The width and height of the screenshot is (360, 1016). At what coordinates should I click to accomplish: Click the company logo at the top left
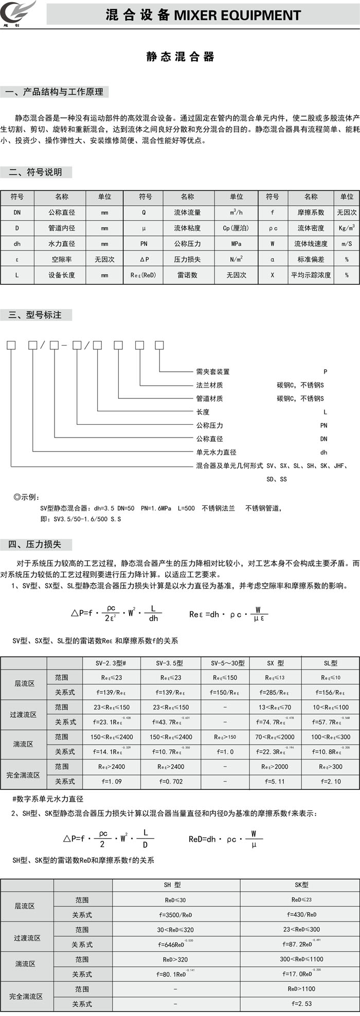pyautogui.click(x=20, y=12)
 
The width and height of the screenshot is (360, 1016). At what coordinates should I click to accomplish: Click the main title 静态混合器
pyautogui.click(x=180, y=57)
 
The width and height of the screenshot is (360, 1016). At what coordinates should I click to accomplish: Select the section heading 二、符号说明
pyautogui.click(x=35, y=172)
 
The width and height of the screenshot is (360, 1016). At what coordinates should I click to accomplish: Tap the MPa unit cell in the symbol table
pyautogui.click(x=236, y=244)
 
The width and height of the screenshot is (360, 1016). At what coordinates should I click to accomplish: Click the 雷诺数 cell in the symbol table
pyautogui.click(x=187, y=275)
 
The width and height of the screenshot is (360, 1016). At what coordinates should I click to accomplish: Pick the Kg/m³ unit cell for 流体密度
pyautogui.click(x=347, y=228)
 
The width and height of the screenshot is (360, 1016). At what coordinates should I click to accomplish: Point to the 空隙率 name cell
pyautogui.click(x=62, y=260)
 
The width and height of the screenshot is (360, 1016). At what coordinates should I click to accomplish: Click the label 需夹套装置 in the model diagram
pyautogui.click(x=213, y=371)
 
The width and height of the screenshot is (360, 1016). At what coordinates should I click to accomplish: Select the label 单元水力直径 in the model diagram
pyautogui.click(x=216, y=452)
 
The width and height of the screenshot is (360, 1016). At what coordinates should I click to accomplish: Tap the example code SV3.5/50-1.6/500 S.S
pyautogui.click(x=87, y=519)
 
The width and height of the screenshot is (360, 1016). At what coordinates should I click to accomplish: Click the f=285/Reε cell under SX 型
pyautogui.click(x=274, y=693)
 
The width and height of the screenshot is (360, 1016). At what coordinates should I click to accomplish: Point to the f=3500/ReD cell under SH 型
pyautogui.click(x=175, y=915)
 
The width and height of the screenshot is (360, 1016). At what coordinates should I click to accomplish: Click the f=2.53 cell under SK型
pyautogui.click(x=301, y=1003)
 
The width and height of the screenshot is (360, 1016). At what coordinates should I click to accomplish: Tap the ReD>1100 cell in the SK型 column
pyautogui.click(x=301, y=988)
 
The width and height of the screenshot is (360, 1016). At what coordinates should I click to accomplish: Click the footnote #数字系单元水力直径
pyautogui.click(x=48, y=799)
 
